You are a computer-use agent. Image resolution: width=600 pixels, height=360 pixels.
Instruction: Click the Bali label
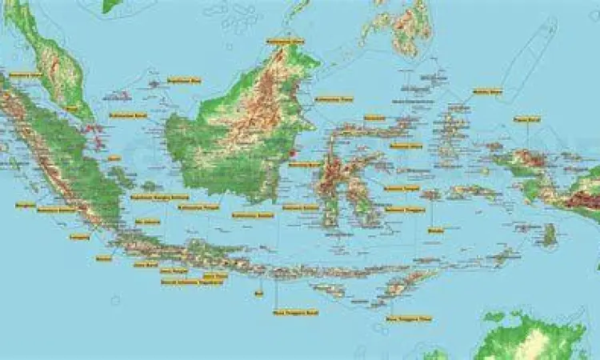coord(258,294)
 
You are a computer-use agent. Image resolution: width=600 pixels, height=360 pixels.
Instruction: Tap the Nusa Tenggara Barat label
coord(296,312)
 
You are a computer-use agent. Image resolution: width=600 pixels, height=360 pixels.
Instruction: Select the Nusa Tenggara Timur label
coord(408,318)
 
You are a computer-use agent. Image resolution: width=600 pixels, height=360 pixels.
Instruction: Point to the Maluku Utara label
coord(487,90)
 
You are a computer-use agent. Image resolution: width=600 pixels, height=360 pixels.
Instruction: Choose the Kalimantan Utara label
coord(286,40)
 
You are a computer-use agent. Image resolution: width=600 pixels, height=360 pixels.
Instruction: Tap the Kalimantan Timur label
coord(334,99)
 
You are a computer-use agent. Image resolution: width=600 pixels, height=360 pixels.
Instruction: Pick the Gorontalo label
coord(374,118)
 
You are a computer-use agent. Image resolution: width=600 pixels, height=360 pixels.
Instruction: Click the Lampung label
coord(79,237)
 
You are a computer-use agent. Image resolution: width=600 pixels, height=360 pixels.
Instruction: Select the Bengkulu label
coord(26,205)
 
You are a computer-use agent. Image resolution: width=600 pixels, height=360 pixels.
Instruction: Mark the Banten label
coord(104,258)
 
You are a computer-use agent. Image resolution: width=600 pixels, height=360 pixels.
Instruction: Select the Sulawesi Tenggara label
coord(402,210)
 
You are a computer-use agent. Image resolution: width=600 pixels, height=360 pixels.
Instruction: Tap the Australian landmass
coord(536,340)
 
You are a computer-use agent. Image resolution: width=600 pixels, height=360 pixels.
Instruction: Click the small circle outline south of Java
coord(115,300)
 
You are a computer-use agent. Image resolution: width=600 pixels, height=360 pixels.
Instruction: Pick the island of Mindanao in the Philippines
coord(400,24)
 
